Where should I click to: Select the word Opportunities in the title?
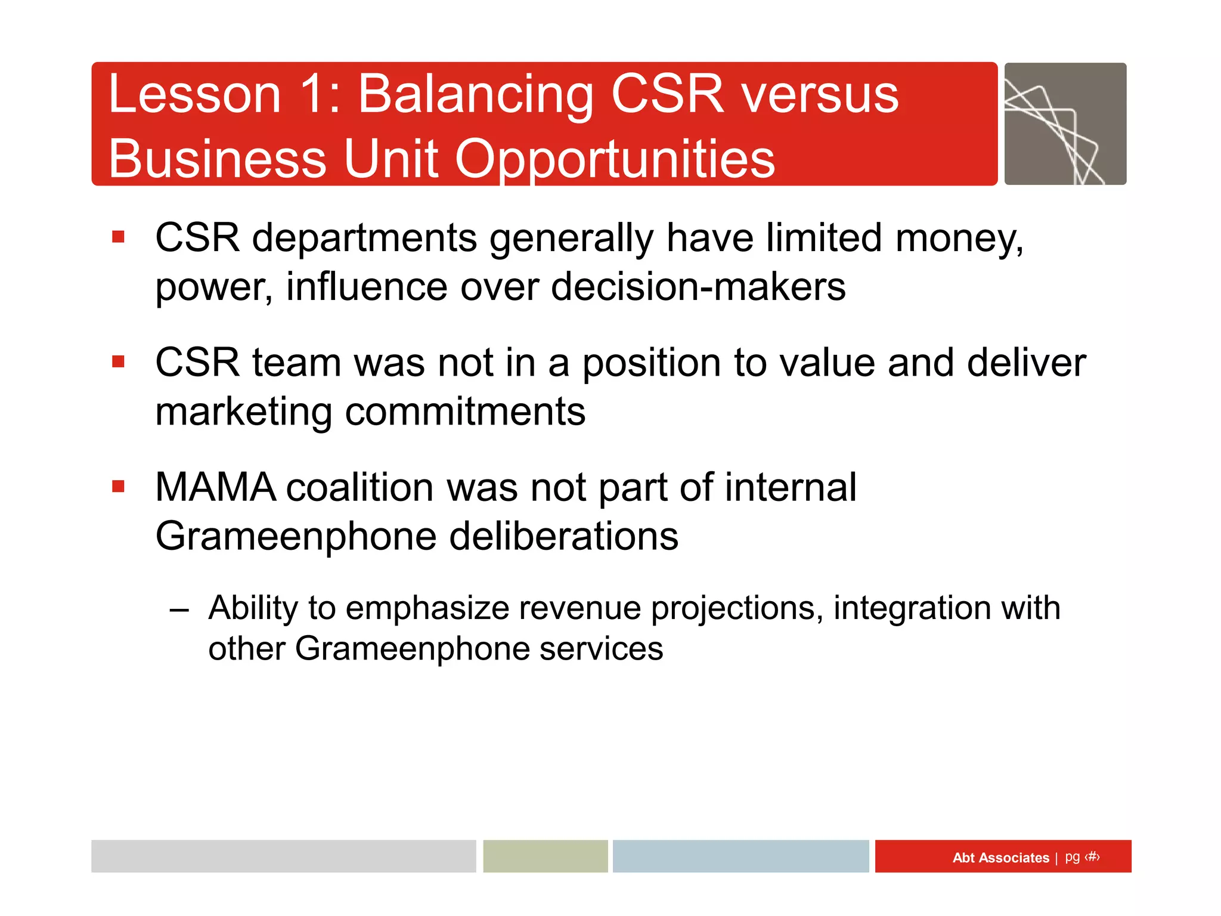click(x=615, y=159)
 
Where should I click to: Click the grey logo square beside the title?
click(x=1065, y=124)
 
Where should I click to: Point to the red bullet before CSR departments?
click(x=118, y=237)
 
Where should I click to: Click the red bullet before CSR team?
click(x=118, y=362)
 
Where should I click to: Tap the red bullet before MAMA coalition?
click(x=118, y=487)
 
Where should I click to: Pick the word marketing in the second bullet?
click(x=243, y=412)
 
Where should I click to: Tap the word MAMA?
click(x=215, y=487)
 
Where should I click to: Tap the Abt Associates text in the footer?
click(x=1000, y=858)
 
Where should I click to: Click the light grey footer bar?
click(x=283, y=856)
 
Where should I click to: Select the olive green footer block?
click(x=545, y=856)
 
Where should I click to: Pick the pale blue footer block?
click(x=740, y=856)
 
